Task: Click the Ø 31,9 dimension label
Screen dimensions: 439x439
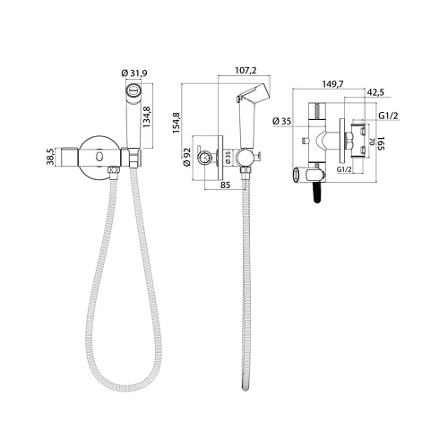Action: tap(134, 73)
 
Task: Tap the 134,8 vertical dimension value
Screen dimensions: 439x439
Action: tap(147, 116)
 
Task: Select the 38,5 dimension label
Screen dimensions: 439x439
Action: tap(50, 157)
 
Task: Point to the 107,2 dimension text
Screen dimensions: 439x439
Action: tap(245, 70)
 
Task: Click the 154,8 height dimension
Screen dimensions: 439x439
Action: tap(176, 123)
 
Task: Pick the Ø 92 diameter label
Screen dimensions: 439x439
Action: tap(187, 158)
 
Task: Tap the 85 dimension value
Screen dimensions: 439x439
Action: tap(225, 185)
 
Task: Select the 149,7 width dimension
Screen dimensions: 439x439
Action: tap(333, 84)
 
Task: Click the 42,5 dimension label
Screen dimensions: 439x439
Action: tap(375, 92)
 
